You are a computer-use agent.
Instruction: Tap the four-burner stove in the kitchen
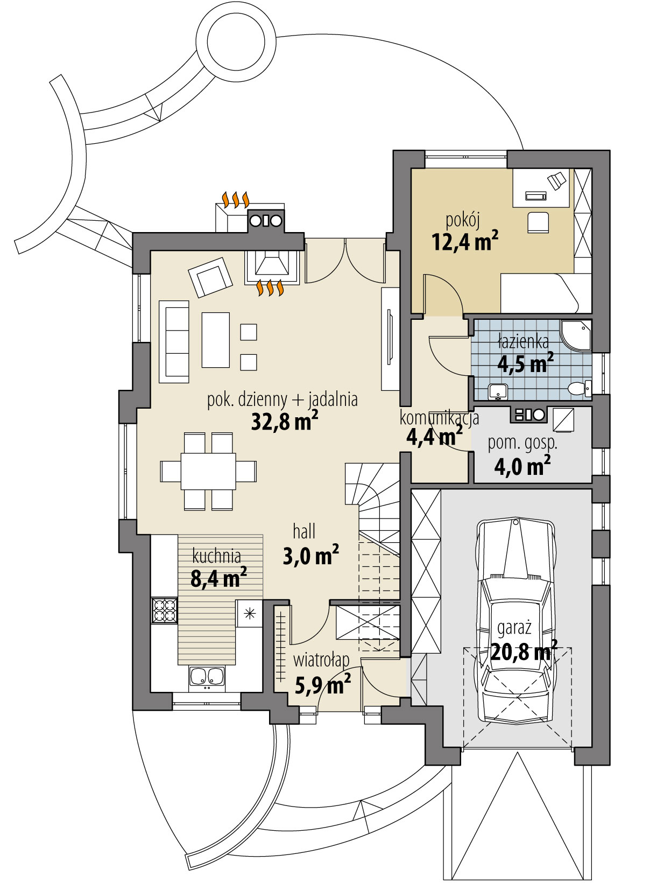point(164,610)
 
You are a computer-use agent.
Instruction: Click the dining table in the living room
point(208,471)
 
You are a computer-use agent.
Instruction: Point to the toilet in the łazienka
point(580,388)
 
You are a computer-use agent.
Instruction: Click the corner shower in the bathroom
point(576,334)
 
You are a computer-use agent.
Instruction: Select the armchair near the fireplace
point(210,277)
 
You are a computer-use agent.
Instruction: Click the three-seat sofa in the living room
point(174,341)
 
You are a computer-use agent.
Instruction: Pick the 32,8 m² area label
point(284,422)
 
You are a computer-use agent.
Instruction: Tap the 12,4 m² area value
point(465,242)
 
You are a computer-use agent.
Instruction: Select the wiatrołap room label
point(321,660)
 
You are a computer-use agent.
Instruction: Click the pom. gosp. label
point(522,443)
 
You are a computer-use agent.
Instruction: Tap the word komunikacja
point(439,418)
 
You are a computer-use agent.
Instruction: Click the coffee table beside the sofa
point(215,340)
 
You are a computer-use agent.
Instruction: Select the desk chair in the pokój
point(538,222)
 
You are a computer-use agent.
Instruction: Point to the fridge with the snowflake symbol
point(249,613)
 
